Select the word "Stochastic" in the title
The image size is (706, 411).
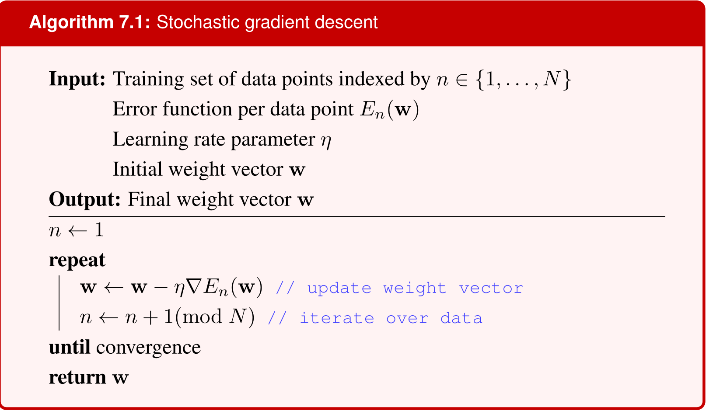tap(198, 22)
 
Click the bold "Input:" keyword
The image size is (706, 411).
tap(77, 79)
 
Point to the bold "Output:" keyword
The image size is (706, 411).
tap(84, 200)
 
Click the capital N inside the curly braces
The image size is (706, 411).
tap(552, 78)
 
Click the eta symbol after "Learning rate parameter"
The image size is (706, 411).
tap(326, 141)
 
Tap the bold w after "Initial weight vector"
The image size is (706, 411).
tap(297, 170)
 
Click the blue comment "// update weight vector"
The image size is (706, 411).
tap(399, 288)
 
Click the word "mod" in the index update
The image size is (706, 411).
tap(202, 317)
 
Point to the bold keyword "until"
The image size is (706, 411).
tap(70, 347)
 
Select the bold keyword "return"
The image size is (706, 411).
tap(77, 377)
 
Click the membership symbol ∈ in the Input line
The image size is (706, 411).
tap(462, 80)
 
